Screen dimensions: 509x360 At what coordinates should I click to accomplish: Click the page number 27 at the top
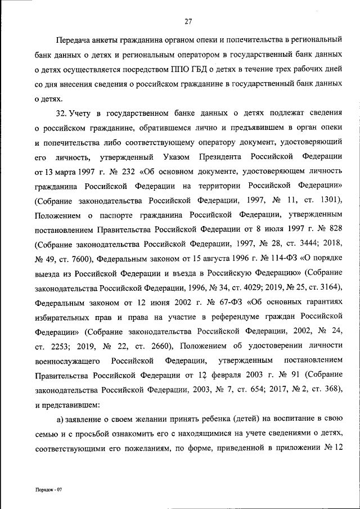pyautogui.click(x=188, y=22)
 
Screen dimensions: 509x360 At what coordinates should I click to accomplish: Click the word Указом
pyautogui.click(x=177, y=156)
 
